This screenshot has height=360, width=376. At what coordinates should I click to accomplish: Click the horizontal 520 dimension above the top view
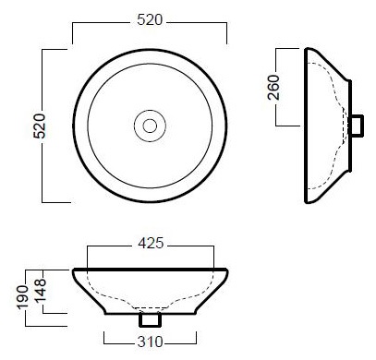coord(150,20)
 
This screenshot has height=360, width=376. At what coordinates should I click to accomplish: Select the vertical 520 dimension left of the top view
coord(40,126)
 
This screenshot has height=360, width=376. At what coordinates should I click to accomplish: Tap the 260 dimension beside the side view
coord(273,88)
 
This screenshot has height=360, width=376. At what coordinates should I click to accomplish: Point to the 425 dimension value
coord(151,244)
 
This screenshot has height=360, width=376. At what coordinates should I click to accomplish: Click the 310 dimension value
coord(150,342)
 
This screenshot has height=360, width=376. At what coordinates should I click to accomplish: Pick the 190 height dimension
coord(22,297)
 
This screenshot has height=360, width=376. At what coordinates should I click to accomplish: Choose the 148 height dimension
coord(41,291)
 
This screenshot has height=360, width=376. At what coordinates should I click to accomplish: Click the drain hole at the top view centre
coord(150,126)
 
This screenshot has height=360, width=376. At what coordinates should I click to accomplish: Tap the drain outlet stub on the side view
coord(357,126)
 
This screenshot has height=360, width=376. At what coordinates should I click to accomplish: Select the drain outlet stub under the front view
coord(150,319)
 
